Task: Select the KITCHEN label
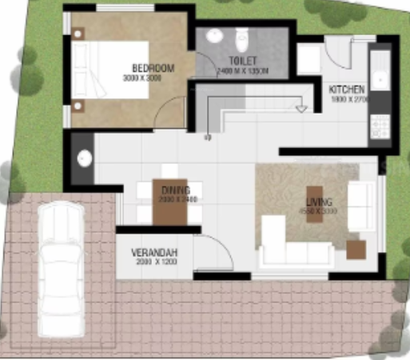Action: coord(347,90)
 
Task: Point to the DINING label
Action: coord(175,190)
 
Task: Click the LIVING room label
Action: coord(318,202)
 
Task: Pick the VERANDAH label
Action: coord(154,253)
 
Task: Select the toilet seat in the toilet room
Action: coord(241,36)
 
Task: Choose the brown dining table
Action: coord(169,202)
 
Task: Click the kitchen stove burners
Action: coord(379,126)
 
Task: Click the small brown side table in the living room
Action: coord(356,249)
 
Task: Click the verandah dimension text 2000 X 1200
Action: coord(154,262)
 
